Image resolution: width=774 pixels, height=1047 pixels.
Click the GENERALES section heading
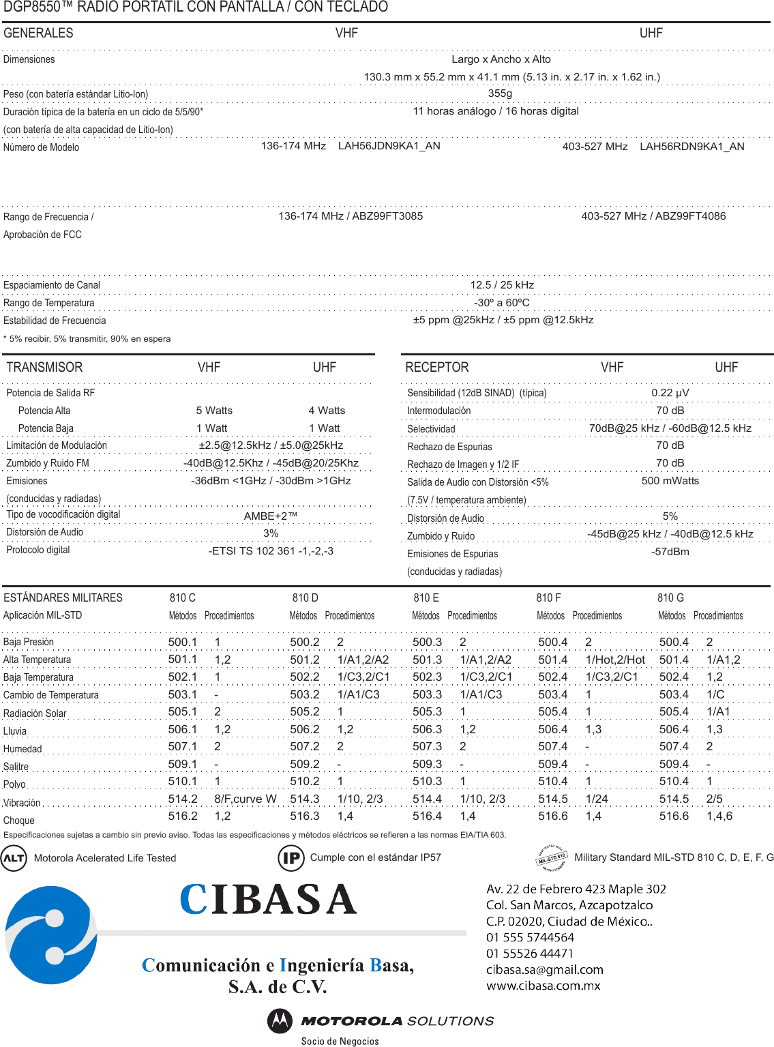(38, 33)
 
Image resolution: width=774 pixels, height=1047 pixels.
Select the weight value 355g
(500, 93)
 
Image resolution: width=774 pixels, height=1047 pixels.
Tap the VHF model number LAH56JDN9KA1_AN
(389, 146)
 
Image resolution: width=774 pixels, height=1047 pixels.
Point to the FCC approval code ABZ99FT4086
(690, 216)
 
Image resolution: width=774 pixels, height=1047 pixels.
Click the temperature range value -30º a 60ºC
(501, 302)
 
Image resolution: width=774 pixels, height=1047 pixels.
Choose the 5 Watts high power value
(214, 411)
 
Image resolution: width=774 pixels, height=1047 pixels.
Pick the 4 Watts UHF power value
(327, 411)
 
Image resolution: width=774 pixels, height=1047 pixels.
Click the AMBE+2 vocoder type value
(271, 516)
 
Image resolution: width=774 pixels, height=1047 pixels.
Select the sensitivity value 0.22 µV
(670, 393)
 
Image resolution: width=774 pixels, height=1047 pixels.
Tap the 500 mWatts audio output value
(670, 481)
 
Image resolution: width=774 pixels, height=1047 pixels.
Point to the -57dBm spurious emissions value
(670, 552)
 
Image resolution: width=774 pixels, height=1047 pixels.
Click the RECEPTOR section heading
(437, 368)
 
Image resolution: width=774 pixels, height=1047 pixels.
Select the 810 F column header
(548, 598)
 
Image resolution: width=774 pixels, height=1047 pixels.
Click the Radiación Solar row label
(35, 713)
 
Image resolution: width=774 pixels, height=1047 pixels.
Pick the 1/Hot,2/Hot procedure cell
(615, 660)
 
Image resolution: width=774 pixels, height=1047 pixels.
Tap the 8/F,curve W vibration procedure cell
(245, 799)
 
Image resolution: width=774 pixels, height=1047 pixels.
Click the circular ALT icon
(14, 858)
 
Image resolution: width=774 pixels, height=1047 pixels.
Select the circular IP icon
(291, 857)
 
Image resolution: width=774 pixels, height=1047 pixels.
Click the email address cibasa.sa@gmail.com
(544, 969)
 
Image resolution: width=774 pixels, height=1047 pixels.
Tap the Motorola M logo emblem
(279, 1020)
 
